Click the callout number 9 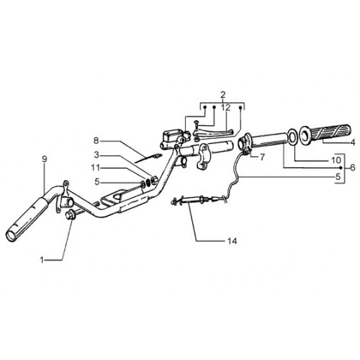45,159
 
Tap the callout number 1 42,260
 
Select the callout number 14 232,241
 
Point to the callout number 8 96,140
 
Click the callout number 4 352,143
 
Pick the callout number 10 336,160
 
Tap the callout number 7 262,157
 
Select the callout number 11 95,167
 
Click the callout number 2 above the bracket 223,95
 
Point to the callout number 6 352,168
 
